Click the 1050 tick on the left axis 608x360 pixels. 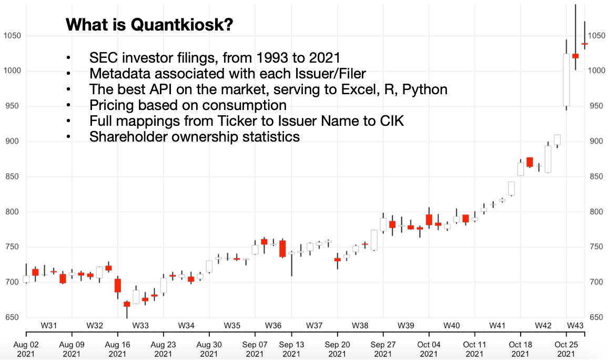12,36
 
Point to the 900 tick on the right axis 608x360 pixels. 595,141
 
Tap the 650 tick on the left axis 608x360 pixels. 12,317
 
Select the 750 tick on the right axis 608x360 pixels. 595,247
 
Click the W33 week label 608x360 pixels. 140,325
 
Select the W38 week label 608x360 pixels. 360,325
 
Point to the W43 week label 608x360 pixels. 575,325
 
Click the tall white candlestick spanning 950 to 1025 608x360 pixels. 566,79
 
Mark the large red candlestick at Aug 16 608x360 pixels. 118,285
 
